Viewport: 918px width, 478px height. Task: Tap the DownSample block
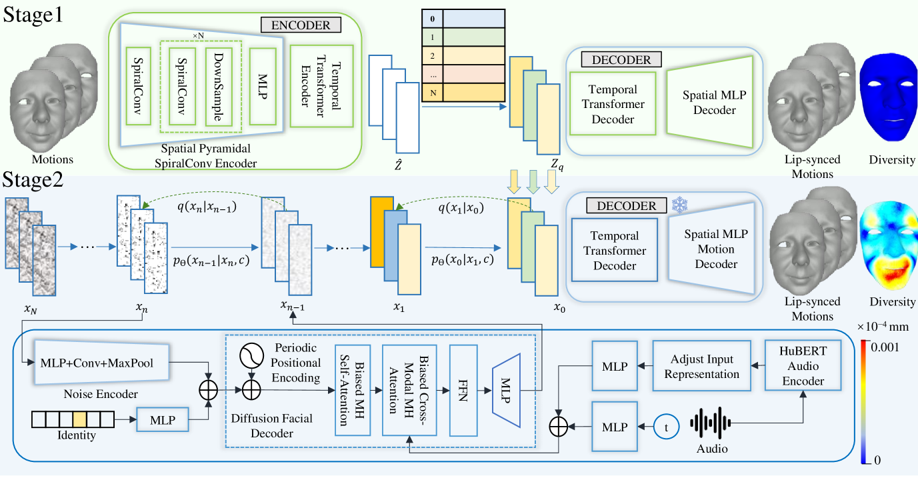[219, 85]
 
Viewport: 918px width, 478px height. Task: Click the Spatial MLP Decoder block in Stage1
[714, 101]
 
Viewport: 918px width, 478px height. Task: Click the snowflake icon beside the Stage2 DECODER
[679, 205]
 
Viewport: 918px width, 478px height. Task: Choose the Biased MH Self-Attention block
[353, 389]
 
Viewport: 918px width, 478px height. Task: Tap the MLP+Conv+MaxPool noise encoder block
[99, 363]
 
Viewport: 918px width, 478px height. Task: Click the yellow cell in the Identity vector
[79, 419]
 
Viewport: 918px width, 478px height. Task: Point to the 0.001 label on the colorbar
[887, 347]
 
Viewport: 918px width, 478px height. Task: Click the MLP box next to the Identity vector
[163, 421]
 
